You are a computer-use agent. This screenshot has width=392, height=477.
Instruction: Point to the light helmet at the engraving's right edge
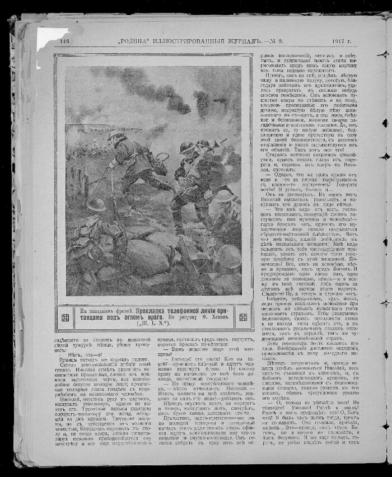tap(224, 195)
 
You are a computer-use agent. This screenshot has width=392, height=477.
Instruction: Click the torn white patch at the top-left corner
tap(52, 38)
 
